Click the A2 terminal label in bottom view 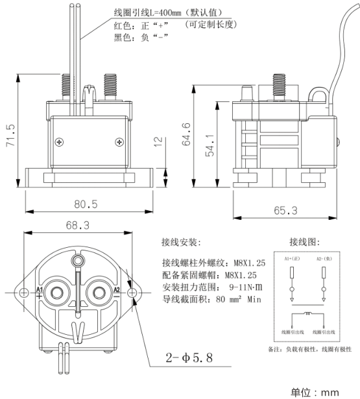pyautogui.click(x=117, y=289)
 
